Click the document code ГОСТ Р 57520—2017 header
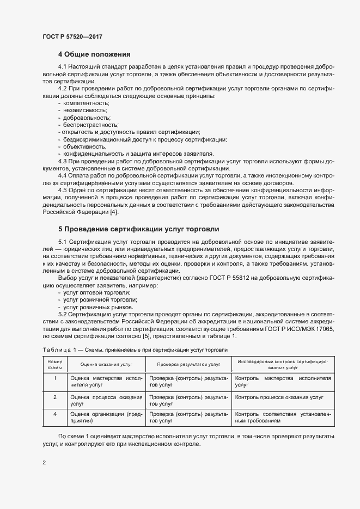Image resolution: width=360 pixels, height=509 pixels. tap(72, 36)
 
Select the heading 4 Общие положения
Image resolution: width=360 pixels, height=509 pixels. tap(94, 54)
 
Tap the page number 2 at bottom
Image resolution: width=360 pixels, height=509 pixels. tap(44, 463)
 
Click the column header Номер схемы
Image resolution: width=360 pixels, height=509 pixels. tap(55, 365)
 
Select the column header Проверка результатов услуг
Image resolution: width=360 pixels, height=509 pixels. tap(188, 365)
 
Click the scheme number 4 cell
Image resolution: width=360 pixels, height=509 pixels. tap(55, 414)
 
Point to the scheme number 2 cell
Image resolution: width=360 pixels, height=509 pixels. tap(55, 397)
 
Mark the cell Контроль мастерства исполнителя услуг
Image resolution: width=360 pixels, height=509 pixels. tap(283, 381)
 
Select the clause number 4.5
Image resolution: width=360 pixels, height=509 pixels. tap(63, 190)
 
